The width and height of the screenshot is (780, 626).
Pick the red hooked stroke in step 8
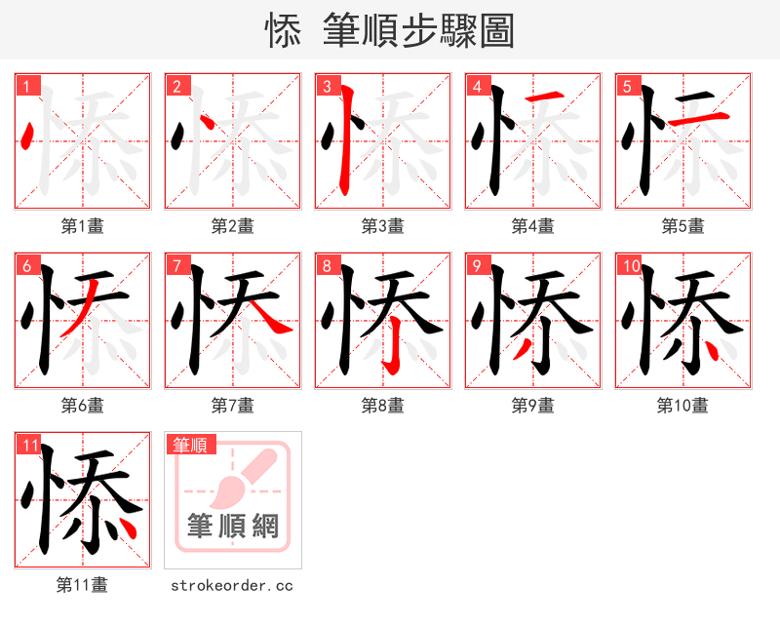pyautogui.click(x=392, y=348)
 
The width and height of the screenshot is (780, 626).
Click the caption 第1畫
pyautogui.click(x=83, y=226)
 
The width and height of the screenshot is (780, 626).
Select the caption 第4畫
pyautogui.click(x=533, y=226)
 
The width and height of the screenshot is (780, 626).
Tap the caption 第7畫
pyautogui.click(x=233, y=406)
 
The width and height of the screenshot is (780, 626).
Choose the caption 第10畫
pyautogui.click(x=682, y=406)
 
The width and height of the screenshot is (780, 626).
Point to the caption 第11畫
pyautogui.click(x=83, y=585)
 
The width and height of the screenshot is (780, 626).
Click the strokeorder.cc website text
pyautogui.click(x=232, y=586)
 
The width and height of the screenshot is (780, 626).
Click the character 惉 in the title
pyautogui.click(x=282, y=31)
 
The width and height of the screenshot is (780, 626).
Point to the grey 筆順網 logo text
pyautogui.click(x=233, y=528)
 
